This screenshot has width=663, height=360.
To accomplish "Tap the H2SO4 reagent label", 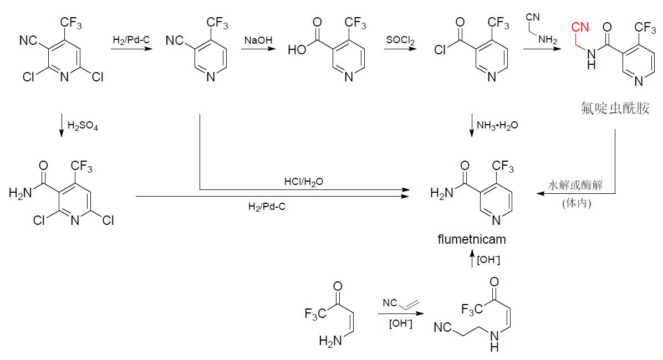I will point(83,126).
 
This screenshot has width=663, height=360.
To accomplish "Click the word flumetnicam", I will point(471,240).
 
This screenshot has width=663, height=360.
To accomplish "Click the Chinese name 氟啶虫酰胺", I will point(612,108).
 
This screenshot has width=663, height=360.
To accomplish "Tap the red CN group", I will point(580,27).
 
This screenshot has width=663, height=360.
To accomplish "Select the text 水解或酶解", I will point(577,186).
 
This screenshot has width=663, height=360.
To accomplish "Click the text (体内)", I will point(577,203).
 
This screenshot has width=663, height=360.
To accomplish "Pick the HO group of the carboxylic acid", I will point(297,50).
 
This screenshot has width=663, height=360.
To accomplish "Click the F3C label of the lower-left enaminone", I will point(315,314).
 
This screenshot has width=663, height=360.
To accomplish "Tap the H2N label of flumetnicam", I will point(442,193).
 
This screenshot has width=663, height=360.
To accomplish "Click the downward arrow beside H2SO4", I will point(61,127).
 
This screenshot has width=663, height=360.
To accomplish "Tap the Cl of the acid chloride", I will point(440,50).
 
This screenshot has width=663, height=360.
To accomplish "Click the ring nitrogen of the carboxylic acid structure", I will point(348,78).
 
